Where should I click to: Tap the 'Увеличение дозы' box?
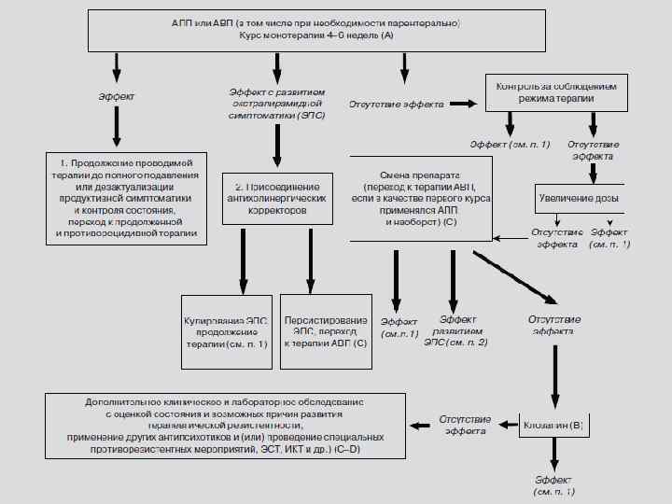(x=580, y=199)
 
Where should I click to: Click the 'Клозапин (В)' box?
(x=553, y=427)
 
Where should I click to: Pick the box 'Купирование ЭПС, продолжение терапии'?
(x=226, y=331)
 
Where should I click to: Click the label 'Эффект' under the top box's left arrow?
(x=116, y=96)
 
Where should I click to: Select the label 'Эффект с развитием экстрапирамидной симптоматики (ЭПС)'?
(x=276, y=104)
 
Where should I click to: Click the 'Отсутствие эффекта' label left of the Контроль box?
(x=396, y=105)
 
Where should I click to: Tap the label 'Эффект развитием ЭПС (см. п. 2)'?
(x=455, y=331)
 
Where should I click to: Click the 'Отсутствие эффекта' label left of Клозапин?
(x=465, y=426)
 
